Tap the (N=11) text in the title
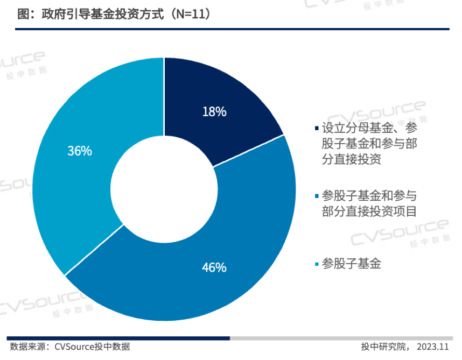coord(189,15)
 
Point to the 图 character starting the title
coord(22,15)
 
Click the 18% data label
coord(214,112)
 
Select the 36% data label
coord(80,151)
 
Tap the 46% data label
coord(214,267)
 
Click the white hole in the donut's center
coord(164,189)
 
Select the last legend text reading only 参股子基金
coord(351,264)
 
